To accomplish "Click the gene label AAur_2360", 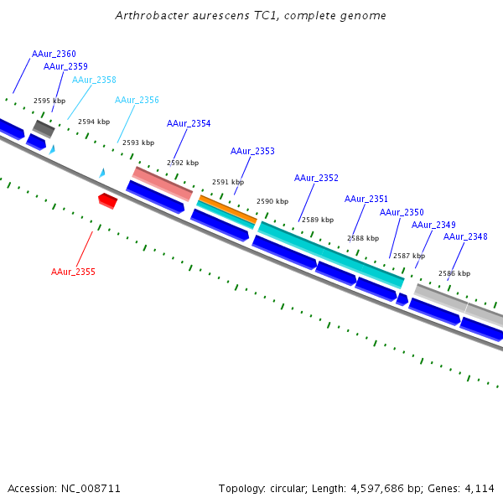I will (x=54, y=54).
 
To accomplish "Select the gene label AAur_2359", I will (x=65, y=66).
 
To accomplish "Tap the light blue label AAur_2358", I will (x=94, y=80).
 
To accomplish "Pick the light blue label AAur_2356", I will (x=137, y=100).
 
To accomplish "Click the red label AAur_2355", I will (x=73, y=272).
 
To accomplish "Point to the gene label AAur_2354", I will (x=189, y=123).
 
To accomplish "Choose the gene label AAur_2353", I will (x=252, y=151).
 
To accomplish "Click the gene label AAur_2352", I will (x=316, y=178).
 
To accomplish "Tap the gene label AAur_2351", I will (x=366, y=199).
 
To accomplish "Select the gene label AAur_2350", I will (x=402, y=212).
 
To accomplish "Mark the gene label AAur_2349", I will (x=433, y=225).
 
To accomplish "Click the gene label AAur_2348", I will (x=465, y=236).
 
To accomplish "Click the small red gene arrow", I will (x=107, y=200).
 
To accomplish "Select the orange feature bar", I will (x=227, y=209).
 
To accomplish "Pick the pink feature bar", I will (x=163, y=182).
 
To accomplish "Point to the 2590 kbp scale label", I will (x=272, y=201).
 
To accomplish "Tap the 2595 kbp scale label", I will (x=49, y=101).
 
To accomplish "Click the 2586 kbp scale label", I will (x=454, y=273).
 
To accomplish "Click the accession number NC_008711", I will (x=64, y=488).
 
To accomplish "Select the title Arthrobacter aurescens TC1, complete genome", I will (x=251, y=16).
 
